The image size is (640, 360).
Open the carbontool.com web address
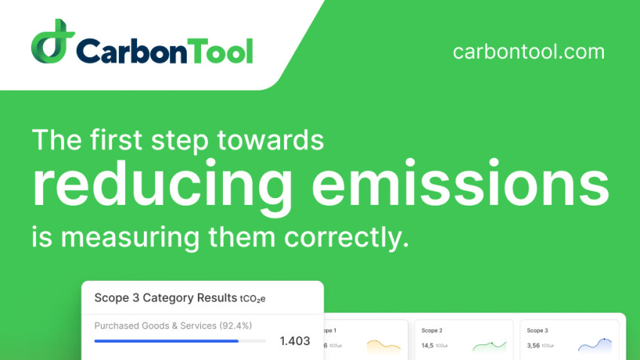tap(529, 52)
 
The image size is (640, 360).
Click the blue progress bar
tap(166, 340)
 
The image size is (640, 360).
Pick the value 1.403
tap(294, 341)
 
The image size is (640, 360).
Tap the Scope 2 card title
tap(431, 330)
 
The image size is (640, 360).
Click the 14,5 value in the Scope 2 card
tap(428, 346)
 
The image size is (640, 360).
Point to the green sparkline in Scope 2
tap(489, 346)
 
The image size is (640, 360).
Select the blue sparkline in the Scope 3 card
tap(594, 345)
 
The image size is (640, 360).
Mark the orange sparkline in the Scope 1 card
tap(383, 346)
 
